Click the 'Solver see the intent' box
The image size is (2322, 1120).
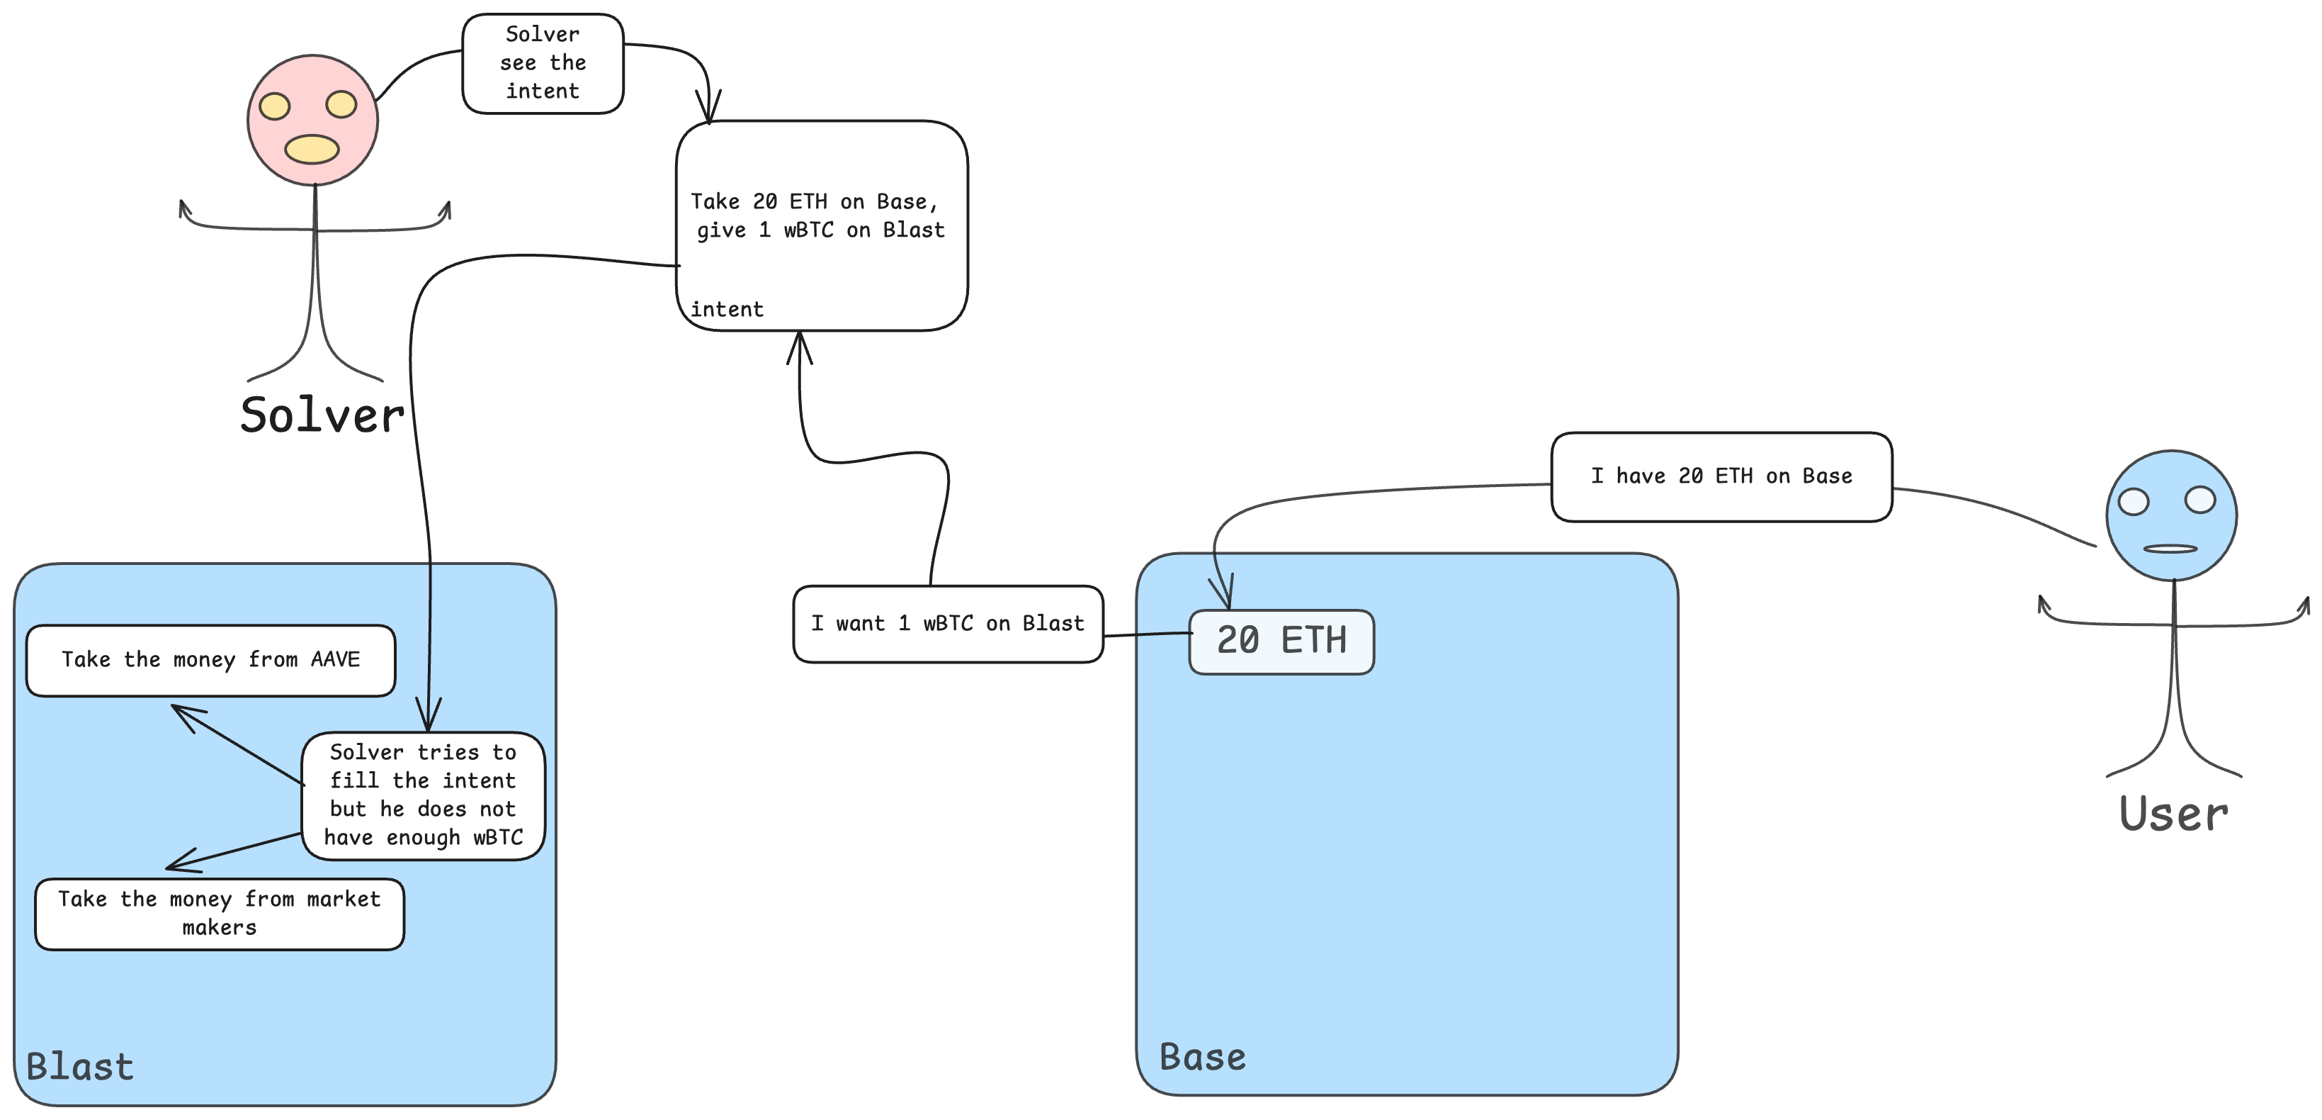pos(543,63)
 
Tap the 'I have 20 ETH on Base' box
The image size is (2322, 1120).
pos(1721,476)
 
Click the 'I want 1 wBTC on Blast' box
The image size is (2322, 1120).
pos(947,624)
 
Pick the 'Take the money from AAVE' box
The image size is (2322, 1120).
pos(211,660)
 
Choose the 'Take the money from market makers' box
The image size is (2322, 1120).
pos(219,914)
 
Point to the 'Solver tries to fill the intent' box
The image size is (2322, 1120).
pos(423,795)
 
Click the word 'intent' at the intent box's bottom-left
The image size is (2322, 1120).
pos(727,309)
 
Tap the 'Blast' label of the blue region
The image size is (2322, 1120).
pos(80,1067)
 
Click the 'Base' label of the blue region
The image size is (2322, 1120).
pos(1203,1057)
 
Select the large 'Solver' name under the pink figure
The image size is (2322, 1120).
pos(322,415)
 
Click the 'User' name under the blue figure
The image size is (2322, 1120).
pos(2173,814)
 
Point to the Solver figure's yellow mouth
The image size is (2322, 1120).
pos(312,149)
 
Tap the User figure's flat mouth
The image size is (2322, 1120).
pos(2170,548)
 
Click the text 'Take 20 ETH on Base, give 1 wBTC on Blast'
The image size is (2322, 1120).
pos(817,215)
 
